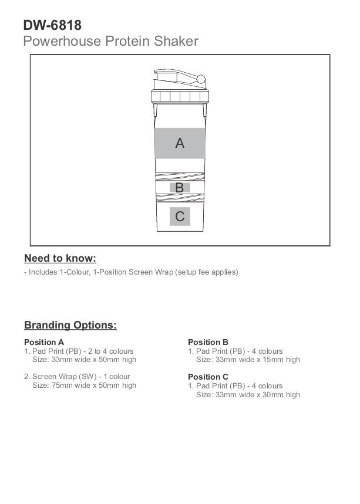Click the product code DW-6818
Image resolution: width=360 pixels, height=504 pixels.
tap(52, 25)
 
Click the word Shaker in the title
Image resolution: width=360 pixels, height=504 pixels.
tap(177, 41)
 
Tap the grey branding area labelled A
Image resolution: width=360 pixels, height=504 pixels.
tap(180, 143)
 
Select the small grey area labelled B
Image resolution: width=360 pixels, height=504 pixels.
tap(180, 188)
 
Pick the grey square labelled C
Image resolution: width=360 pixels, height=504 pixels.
tap(180, 217)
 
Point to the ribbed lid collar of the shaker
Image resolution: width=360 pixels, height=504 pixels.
tap(180, 97)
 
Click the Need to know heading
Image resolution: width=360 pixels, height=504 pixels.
tap(60, 258)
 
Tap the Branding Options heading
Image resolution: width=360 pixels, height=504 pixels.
tap(70, 325)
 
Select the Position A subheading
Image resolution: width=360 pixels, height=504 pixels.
tap(44, 342)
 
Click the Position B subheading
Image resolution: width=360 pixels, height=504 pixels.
tap(208, 342)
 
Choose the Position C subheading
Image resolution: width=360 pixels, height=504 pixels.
tap(208, 377)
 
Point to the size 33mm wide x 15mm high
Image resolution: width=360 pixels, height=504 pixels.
tap(248, 360)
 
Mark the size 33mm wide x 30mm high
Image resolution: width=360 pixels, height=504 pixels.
tap(248, 395)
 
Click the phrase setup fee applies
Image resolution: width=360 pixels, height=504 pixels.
tap(207, 272)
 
